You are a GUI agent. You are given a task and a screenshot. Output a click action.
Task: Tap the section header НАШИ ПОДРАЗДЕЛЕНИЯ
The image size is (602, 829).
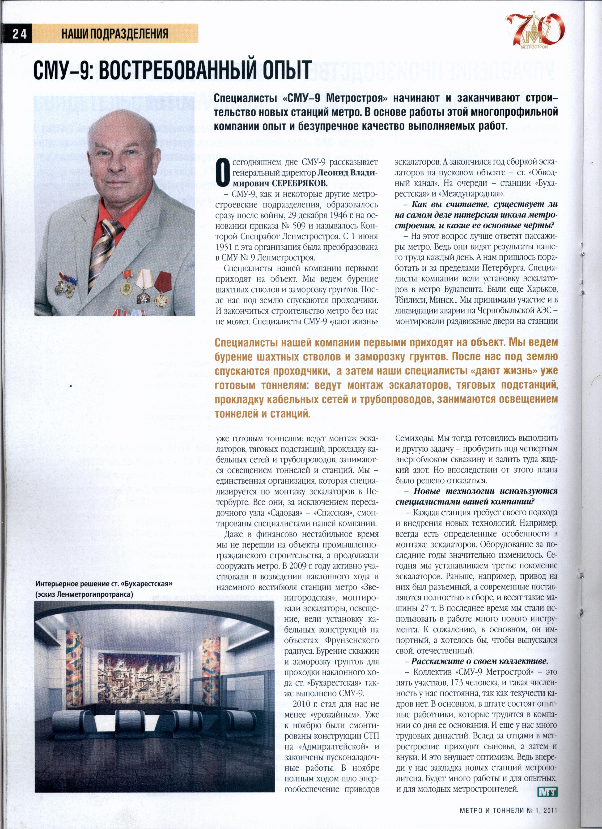115,34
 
